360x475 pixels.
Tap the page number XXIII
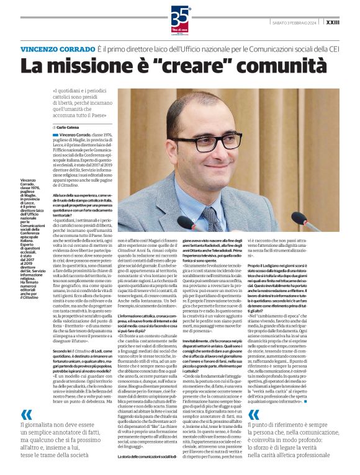click(x=334, y=22)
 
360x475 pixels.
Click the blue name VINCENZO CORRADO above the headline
click(x=57, y=48)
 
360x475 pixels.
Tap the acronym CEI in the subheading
click(x=332, y=48)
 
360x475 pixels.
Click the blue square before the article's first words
click(x=55, y=134)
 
